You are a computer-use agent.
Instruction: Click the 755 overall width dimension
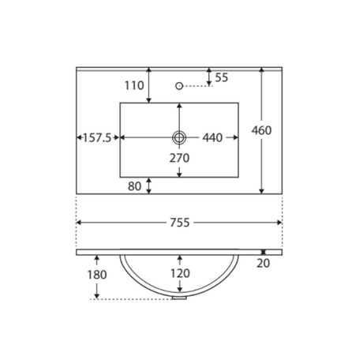point(180,223)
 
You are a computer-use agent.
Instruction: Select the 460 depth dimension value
point(261,130)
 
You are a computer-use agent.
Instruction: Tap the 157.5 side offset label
point(97,137)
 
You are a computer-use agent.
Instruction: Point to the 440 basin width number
point(212,137)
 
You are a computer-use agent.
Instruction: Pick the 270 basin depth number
point(179,158)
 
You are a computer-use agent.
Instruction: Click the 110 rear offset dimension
point(134,85)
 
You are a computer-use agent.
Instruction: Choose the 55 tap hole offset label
point(222,77)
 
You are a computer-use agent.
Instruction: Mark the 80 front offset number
point(134,186)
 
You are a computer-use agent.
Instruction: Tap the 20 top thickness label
point(264,263)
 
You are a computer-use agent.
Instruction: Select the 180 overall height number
point(97,275)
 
